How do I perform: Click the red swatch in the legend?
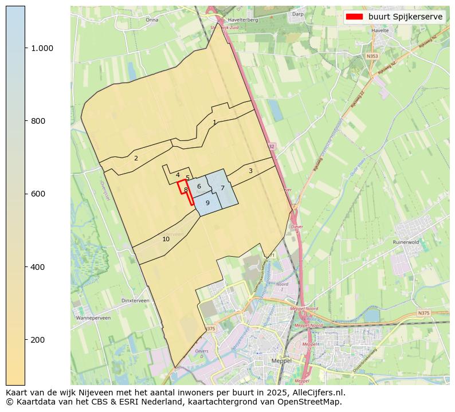click(355, 17)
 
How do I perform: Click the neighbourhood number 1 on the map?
click(214, 122)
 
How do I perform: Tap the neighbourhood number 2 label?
click(136, 158)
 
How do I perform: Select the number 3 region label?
click(250, 171)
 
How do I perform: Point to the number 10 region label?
click(166, 239)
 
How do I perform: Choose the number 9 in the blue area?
click(207, 203)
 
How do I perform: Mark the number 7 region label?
click(222, 188)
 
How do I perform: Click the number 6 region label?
click(199, 186)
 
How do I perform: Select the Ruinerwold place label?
click(406, 242)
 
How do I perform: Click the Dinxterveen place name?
click(135, 300)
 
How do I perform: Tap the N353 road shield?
click(372, 56)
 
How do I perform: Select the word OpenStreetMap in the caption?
click(315, 402)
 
